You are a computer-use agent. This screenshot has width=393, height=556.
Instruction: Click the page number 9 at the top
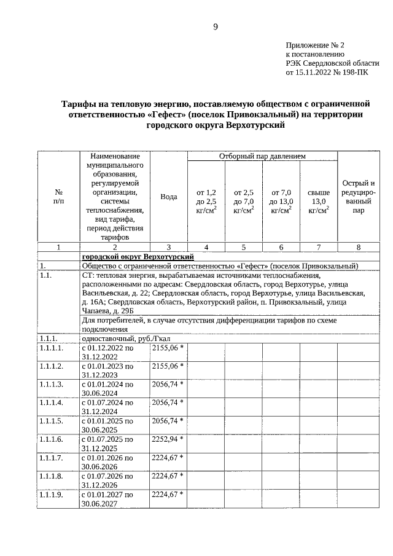tap(216, 26)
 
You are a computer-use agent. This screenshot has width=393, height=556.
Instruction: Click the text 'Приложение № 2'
tap(316, 45)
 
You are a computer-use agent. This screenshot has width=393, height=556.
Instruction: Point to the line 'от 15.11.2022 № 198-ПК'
tap(327, 71)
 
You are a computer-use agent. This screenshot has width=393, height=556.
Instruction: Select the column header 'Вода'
tap(169, 197)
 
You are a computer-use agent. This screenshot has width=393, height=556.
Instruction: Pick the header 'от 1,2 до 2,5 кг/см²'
tap(206, 201)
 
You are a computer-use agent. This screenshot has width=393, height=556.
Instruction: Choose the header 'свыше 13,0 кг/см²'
tap(318, 201)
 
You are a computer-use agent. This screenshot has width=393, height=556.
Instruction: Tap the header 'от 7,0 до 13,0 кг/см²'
tap(281, 201)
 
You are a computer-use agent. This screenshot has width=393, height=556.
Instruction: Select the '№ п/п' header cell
tap(58, 197)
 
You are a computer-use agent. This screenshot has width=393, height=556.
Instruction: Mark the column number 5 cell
tap(244, 247)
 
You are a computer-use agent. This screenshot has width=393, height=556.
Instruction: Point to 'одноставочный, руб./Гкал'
tap(126, 338)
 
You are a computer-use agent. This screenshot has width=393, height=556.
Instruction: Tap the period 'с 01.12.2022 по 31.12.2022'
tap(107, 352)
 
